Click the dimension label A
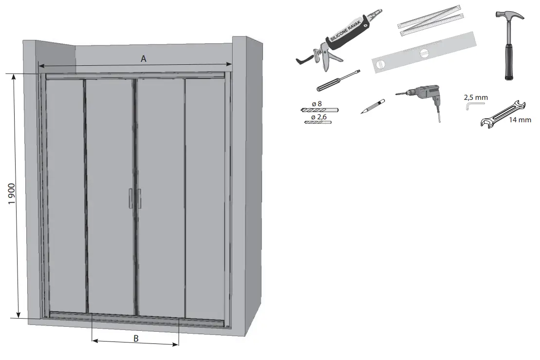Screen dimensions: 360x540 point(144,58)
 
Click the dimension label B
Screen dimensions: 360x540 point(136,338)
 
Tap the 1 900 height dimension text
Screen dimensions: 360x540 point(13,195)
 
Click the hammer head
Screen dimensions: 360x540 point(508,19)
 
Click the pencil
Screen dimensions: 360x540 point(373,106)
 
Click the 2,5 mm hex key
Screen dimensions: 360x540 point(470,105)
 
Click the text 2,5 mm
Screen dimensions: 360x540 point(476,97)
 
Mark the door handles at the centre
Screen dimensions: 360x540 point(135,198)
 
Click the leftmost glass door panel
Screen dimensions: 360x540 point(66,195)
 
